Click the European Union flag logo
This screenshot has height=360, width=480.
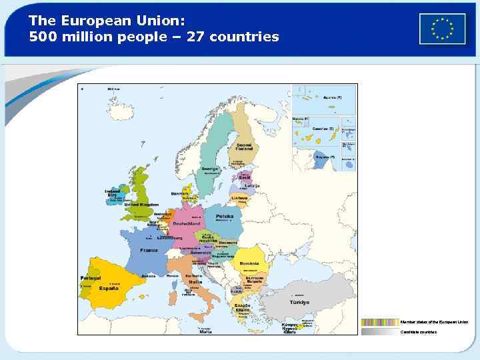(x=442, y=29)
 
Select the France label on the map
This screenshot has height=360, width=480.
(x=149, y=250)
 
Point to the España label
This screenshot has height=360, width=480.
(x=109, y=289)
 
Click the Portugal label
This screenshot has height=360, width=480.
(x=90, y=277)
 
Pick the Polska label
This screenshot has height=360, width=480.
(x=224, y=217)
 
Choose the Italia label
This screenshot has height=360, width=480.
(x=195, y=282)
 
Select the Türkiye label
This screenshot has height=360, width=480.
(x=299, y=302)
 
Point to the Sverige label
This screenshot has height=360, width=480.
(x=211, y=169)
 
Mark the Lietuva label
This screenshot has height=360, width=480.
(x=240, y=198)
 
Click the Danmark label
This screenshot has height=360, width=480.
(x=180, y=193)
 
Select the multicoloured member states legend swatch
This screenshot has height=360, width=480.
(x=379, y=321)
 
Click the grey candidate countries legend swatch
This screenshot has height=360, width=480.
(x=379, y=331)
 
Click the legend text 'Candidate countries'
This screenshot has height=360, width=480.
(x=419, y=331)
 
